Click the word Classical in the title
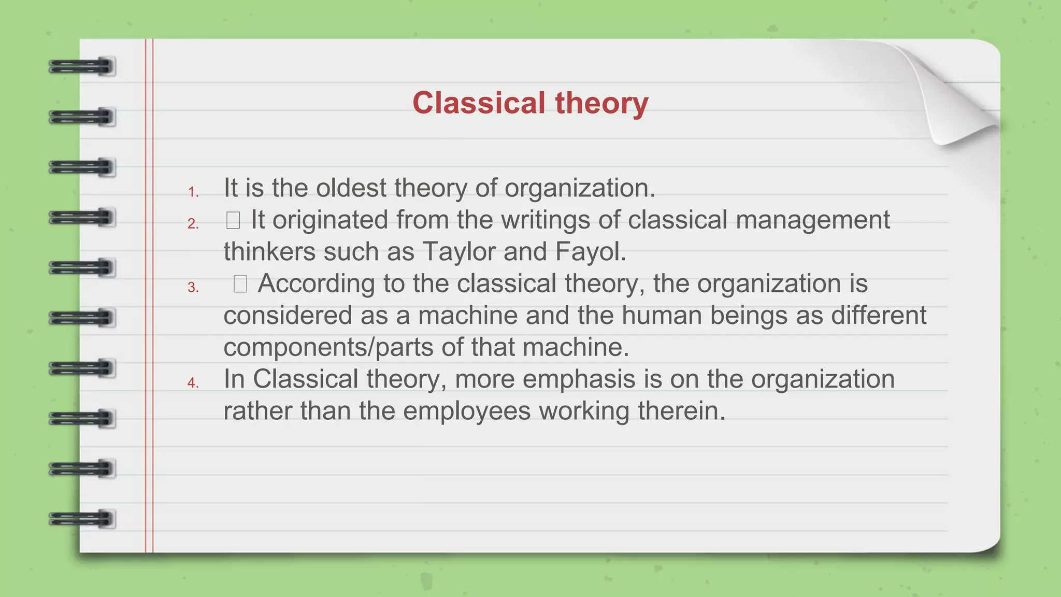pyautogui.click(x=479, y=103)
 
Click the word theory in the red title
pyautogui.click(x=601, y=103)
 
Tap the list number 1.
pyautogui.click(x=193, y=192)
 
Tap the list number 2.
pyautogui.click(x=193, y=224)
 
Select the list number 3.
pyautogui.click(x=193, y=288)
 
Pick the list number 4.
pyautogui.click(x=193, y=383)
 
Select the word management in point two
pyautogui.click(x=812, y=220)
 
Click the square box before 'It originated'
pyautogui.click(x=233, y=221)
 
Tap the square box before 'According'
pyautogui.click(x=240, y=284)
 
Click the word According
pyautogui.click(x=316, y=284)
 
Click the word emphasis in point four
pyautogui.click(x=578, y=379)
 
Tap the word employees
pyautogui.click(x=466, y=411)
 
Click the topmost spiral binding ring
pyautogui.click(x=81, y=67)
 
